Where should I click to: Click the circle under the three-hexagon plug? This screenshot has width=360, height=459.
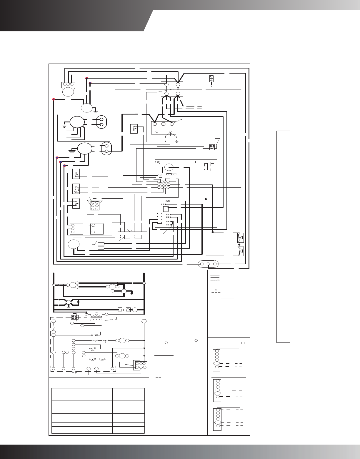68,91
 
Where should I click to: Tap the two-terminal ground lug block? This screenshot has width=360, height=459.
211,79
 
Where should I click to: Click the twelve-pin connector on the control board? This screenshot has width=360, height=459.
164,184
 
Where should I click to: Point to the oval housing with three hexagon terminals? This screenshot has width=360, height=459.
208,264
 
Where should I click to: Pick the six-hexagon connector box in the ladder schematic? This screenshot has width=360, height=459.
140,365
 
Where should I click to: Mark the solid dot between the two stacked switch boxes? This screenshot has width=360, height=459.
239,245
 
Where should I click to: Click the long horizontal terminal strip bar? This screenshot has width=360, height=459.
132,233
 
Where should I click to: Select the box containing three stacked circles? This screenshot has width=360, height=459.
76,229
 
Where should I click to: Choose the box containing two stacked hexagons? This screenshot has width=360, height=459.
97,229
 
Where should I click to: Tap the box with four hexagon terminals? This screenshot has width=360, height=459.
172,89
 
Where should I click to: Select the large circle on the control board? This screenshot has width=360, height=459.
169,167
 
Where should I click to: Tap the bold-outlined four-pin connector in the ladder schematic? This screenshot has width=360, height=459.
74,317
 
